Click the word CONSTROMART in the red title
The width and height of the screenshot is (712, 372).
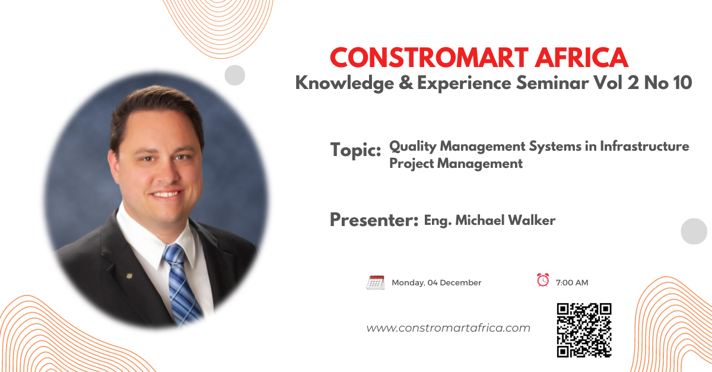[x=429, y=58]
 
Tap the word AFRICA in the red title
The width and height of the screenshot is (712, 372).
[x=581, y=58]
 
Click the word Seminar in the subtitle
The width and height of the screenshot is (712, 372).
[x=552, y=83]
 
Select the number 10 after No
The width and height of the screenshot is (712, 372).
[x=683, y=83]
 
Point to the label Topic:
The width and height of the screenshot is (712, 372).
[x=355, y=150]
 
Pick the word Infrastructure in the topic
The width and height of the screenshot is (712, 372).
[x=644, y=147]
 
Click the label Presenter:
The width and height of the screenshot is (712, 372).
[x=374, y=220]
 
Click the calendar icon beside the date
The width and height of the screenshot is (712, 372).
[x=376, y=282]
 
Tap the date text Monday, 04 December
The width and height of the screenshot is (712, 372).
[x=437, y=282]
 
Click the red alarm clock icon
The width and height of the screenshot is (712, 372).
[x=543, y=280]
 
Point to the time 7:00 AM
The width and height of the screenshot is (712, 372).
[x=572, y=282]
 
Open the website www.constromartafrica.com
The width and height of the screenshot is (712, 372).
[x=448, y=328]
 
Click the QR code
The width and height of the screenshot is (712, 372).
[x=584, y=330]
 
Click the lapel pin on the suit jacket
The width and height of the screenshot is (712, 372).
[x=129, y=276]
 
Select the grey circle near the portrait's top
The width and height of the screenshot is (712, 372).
[x=235, y=75]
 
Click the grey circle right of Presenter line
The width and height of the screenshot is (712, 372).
[x=694, y=231]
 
